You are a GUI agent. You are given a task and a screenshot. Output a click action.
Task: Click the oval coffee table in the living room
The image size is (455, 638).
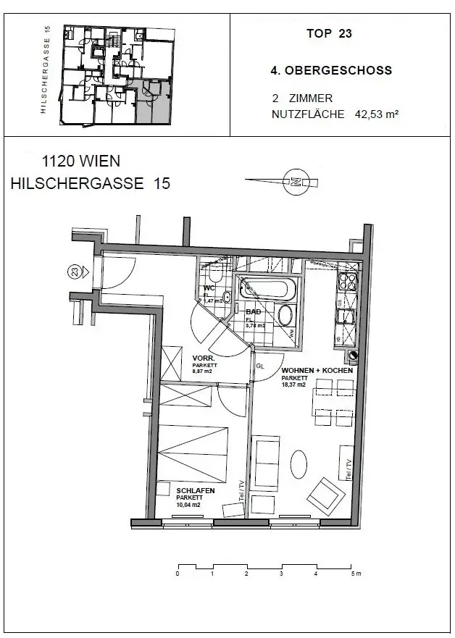pyautogui.click(x=298, y=463)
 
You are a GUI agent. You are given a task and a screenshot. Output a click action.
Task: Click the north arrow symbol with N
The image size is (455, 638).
pyautogui.click(x=295, y=182)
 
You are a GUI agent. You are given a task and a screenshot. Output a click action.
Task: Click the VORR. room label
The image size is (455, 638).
pyautogui.click(x=202, y=358)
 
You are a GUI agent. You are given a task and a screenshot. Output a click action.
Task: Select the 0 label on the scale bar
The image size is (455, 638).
pyautogui.click(x=178, y=574)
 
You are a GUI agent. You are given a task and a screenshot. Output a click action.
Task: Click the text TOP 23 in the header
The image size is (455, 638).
pyautogui.click(x=329, y=33)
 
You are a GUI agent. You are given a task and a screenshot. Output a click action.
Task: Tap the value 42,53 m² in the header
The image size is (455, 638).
pyautogui.click(x=377, y=114)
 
